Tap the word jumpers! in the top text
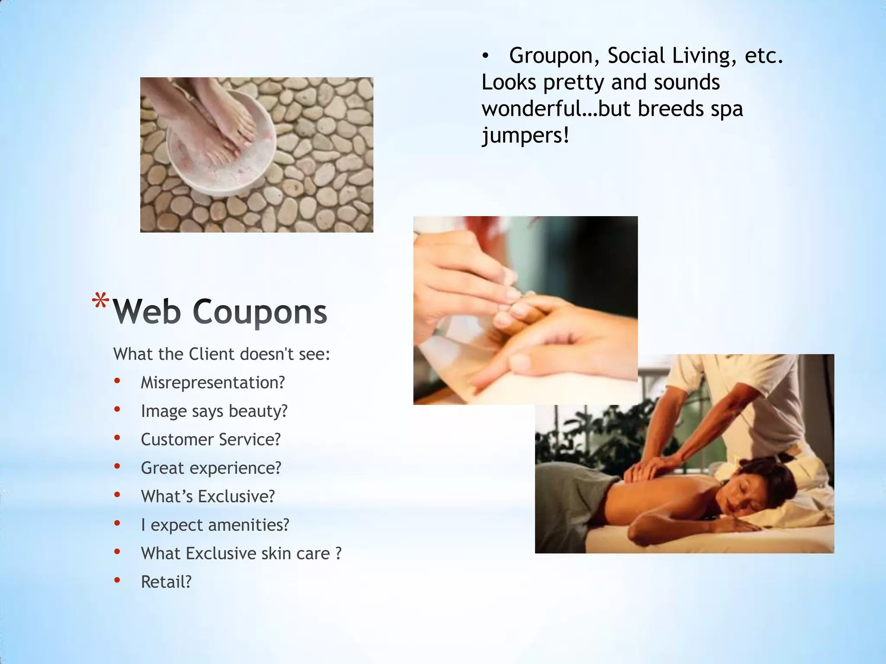tap(525, 136)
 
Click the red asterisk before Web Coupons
tap(100, 301)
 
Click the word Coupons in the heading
tap(260, 312)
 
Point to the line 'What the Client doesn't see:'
tap(221, 354)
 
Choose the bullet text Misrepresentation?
tap(213, 383)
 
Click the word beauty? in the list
tap(258, 411)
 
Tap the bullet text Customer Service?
tap(211, 440)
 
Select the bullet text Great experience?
tap(211, 468)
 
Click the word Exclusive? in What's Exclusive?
tap(236, 497)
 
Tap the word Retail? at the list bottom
tap(166, 582)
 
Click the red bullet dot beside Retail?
tap(117, 580)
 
